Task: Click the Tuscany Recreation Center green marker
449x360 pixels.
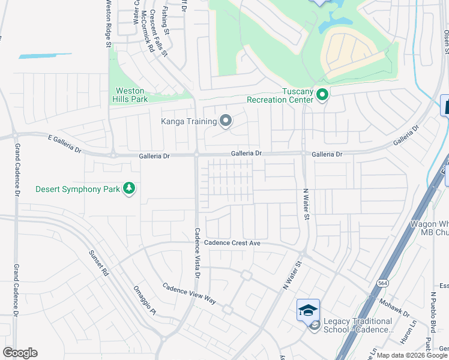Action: tap(322, 94)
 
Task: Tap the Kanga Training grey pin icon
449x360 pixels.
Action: tap(226, 121)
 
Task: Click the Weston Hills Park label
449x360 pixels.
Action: tap(130, 95)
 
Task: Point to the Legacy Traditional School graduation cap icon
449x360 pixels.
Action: tap(308, 310)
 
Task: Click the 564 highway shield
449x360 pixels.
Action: tap(382, 282)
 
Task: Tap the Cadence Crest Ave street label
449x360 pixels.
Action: tap(232, 243)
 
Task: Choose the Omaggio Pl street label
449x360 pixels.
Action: tap(144, 299)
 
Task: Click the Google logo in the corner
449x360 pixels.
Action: tap(20, 353)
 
